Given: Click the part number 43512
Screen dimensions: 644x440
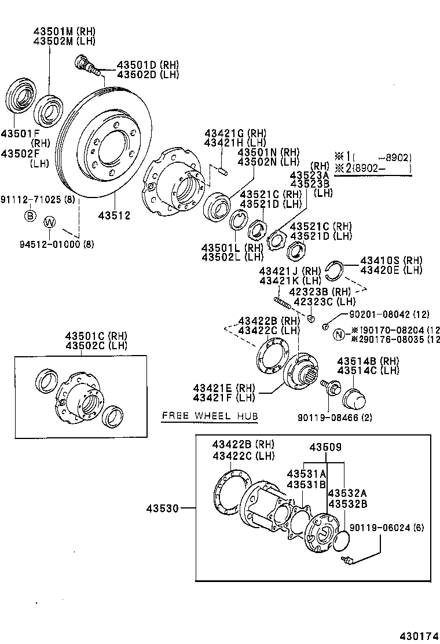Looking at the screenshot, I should [x=114, y=215].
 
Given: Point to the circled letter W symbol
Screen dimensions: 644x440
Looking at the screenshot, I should [x=50, y=221].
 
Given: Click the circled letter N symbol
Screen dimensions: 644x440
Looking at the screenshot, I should [x=339, y=334].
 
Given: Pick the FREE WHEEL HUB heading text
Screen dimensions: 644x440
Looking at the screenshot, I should [x=210, y=416].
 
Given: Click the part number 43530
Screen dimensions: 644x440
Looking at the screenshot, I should [x=163, y=508].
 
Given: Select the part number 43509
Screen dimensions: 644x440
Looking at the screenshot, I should [x=325, y=447].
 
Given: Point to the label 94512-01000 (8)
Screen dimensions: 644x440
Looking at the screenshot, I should [x=46, y=244].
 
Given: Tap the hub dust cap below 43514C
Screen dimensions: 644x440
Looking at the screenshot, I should [x=353, y=399].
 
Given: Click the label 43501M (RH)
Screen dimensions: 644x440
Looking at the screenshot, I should [x=64, y=31].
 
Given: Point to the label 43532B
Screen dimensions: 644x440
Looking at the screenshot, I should [x=347, y=503].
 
